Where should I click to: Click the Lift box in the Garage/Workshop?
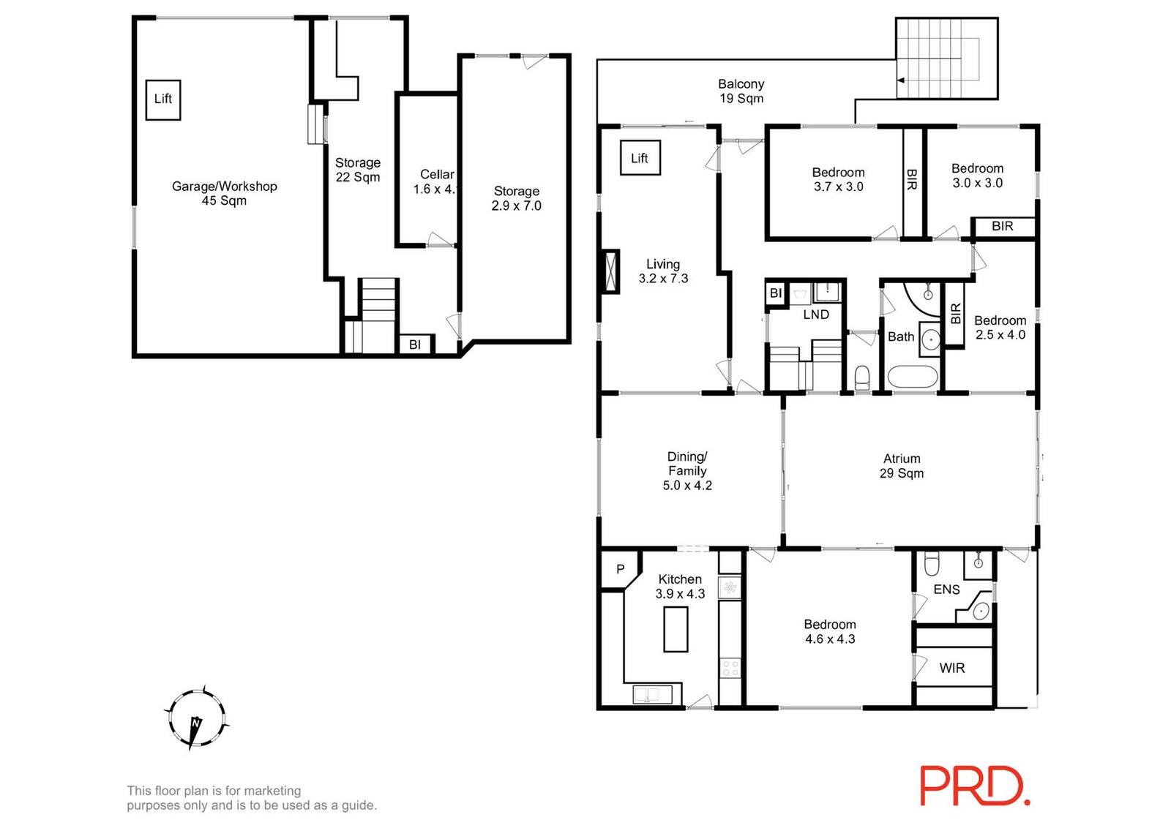tap(162, 99)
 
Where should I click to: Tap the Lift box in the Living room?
tap(640, 158)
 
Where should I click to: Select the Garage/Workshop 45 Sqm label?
tap(224, 193)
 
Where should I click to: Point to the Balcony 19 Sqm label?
tap(741, 91)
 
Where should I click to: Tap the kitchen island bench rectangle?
tap(676, 629)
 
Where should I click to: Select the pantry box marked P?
tap(619, 569)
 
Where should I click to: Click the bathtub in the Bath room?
tap(911, 377)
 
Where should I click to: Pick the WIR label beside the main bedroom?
tap(951, 668)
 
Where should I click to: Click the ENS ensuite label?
tap(946, 590)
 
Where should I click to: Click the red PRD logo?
tap(974, 786)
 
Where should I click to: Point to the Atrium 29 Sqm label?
tap(902, 466)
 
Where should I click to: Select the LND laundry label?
tap(816, 315)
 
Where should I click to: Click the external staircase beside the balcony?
tap(946, 59)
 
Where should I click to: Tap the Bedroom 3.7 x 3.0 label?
tap(838, 179)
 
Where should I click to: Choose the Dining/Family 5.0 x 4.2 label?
tap(687, 470)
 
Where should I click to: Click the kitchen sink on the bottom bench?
tap(652, 693)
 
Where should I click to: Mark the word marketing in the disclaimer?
tap(272, 791)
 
